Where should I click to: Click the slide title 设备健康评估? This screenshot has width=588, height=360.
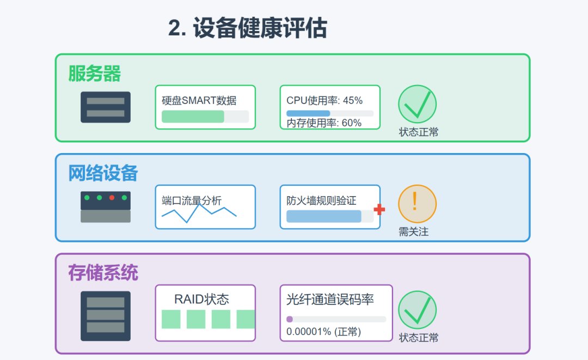248,29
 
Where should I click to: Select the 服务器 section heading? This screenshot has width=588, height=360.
95,74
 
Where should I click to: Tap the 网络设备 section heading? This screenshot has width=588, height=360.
103,173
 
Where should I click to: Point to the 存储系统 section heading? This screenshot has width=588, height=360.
103,273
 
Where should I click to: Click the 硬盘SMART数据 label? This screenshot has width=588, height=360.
199,100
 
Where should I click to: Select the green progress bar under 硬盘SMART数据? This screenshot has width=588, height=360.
193,116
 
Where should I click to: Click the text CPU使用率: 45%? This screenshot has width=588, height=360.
324,100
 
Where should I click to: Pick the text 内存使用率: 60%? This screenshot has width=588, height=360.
324,123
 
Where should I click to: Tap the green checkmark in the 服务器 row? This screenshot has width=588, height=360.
418,103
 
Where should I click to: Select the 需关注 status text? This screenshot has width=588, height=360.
414,232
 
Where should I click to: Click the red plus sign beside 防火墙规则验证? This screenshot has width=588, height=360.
379,210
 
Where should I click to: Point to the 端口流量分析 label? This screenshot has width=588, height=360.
192,200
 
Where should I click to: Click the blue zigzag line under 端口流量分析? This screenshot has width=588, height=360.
199,213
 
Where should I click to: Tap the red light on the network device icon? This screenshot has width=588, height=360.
112,198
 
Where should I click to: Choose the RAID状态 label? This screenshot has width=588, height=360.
201,299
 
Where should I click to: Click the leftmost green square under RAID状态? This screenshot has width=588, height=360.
171,319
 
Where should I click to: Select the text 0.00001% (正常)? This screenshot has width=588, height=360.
323,331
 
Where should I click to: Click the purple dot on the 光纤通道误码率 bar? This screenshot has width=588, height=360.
290,319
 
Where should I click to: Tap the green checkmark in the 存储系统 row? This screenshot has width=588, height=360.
418,309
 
